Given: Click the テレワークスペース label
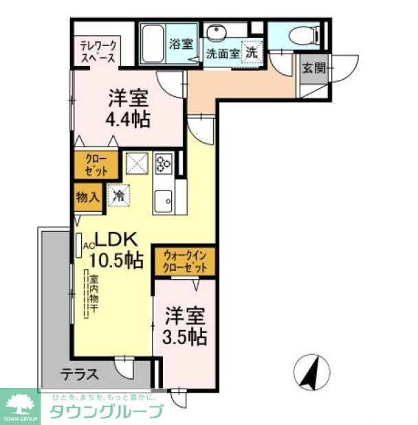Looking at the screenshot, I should [x=98, y=52].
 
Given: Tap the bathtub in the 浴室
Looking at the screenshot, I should [x=153, y=43].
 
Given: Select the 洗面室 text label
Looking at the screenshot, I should [x=222, y=53].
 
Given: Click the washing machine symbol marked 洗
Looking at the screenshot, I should [x=252, y=51].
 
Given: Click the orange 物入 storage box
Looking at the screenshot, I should [x=87, y=197].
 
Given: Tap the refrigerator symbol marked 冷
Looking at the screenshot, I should [x=118, y=195].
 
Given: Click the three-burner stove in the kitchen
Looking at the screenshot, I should [x=164, y=164].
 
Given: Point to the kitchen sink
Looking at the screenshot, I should [x=164, y=201].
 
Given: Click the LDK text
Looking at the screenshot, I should [x=117, y=240].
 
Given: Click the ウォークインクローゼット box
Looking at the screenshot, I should [x=184, y=261].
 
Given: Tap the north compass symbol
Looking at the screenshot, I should [x=310, y=372].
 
